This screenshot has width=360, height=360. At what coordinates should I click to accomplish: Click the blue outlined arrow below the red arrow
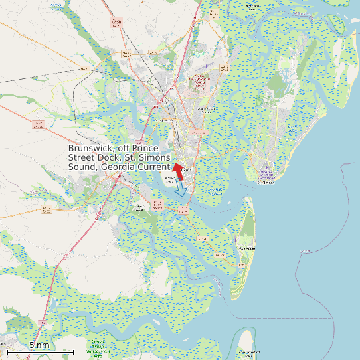click(x=181, y=189)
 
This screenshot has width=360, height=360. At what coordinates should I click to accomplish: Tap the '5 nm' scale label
click(x=39, y=345)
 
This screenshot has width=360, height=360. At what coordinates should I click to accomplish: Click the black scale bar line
click(x=40, y=351)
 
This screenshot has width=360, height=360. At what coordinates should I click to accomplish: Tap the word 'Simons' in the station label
click(x=153, y=158)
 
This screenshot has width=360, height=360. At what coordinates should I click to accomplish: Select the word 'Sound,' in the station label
click(x=84, y=167)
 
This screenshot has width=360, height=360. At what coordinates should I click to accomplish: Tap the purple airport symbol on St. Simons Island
click(x=266, y=168)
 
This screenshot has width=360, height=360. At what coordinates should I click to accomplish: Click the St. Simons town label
click(x=267, y=182)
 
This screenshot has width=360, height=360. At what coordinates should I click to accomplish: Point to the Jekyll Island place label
click(x=245, y=248)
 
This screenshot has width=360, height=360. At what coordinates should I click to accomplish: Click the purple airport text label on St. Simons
click(x=266, y=176)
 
